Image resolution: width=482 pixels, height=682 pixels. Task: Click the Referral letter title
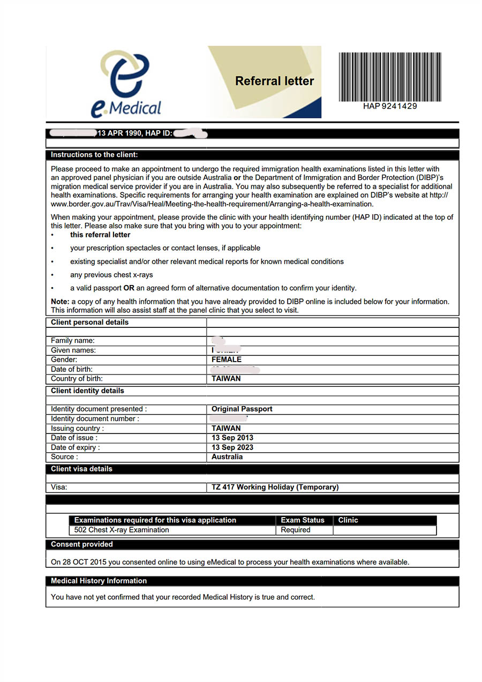tap(274, 81)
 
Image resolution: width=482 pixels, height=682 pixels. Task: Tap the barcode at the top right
tap(389, 77)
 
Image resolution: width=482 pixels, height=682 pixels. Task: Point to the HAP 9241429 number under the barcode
tap(389, 106)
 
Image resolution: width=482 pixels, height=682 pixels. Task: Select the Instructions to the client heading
tap(94, 155)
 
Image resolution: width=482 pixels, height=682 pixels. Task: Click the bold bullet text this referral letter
tap(100, 235)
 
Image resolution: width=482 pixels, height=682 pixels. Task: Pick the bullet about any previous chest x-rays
tap(111, 275)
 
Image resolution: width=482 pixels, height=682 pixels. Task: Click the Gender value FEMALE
tap(227, 359)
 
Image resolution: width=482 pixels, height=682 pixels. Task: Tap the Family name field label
tap(73, 341)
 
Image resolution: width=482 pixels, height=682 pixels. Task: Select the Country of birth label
tap(77, 379)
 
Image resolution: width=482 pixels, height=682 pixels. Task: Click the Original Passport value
tap(242, 409)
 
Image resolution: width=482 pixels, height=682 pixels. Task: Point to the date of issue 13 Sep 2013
tap(232, 438)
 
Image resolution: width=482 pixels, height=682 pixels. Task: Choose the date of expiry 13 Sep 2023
tap(232, 447)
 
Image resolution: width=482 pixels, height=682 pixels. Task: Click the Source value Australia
tap(227, 457)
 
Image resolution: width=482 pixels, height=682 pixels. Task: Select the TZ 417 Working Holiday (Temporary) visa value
tap(275, 488)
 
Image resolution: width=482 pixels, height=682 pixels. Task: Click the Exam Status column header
tap(303, 520)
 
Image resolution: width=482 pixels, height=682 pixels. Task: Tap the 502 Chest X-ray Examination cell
tap(122, 530)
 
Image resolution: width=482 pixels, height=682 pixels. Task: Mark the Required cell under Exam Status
tap(296, 530)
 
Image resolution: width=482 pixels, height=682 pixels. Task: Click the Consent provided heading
tap(82, 544)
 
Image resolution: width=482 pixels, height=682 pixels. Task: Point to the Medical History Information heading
tap(99, 581)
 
